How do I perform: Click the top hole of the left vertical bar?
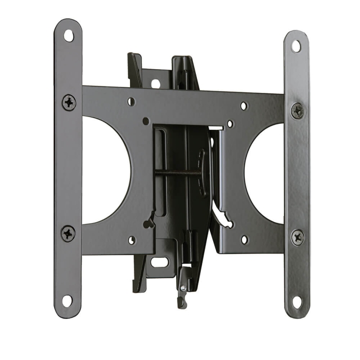click(x=69, y=36)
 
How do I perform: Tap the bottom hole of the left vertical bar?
click(x=67, y=300)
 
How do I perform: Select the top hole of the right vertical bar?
click(x=296, y=46)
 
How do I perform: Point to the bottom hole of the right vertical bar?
click(x=296, y=302)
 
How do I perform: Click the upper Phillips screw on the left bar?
click(x=69, y=102)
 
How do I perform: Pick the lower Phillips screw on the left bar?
click(x=68, y=232)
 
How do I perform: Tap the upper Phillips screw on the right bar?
click(x=297, y=110)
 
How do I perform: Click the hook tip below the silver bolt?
click(x=181, y=304)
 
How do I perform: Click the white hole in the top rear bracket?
click(x=155, y=83)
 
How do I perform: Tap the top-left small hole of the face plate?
click(x=131, y=102)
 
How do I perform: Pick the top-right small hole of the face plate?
click(x=243, y=106)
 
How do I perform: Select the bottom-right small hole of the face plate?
click(x=244, y=240)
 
